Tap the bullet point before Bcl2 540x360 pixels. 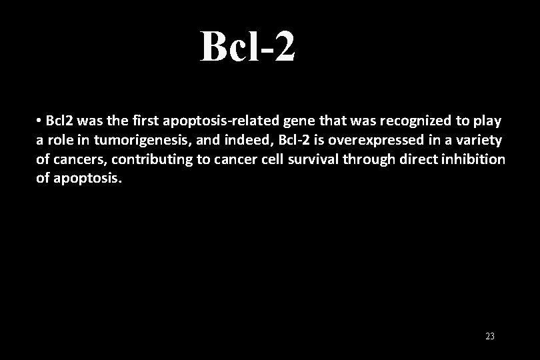click(x=40, y=121)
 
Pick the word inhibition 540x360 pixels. click(x=475, y=160)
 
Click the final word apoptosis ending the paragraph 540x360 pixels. click(x=86, y=179)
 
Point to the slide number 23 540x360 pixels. click(x=490, y=337)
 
